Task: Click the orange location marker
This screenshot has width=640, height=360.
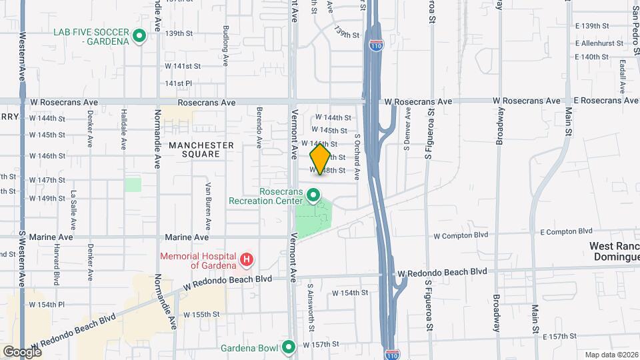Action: click(320, 159)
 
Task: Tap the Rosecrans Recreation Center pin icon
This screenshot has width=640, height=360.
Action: click(313, 196)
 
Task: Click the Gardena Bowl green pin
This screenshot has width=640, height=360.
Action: click(289, 346)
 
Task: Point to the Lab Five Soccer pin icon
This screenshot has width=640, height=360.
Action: click(139, 36)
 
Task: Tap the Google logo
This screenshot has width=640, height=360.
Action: click(22, 351)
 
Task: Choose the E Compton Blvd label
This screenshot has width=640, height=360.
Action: click(566, 231)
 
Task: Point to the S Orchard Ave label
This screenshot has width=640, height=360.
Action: click(357, 157)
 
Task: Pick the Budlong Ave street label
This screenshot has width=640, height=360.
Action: click(226, 46)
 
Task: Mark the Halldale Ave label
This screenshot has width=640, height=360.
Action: click(123, 130)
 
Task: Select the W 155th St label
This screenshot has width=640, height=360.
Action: click(201, 314)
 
